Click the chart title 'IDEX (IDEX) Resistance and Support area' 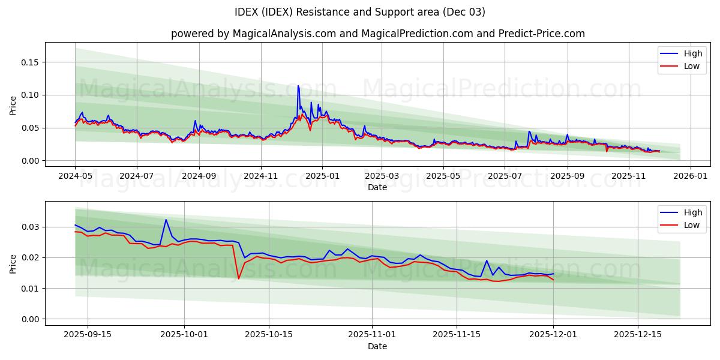click(360, 12)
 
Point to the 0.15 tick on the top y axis click(31, 62)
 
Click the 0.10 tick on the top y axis click(31, 95)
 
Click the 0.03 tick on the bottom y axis click(31, 227)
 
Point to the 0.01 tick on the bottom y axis click(31, 289)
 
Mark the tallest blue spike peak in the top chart click(298, 86)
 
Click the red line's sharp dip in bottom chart click(238, 278)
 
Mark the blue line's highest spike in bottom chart click(166, 220)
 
